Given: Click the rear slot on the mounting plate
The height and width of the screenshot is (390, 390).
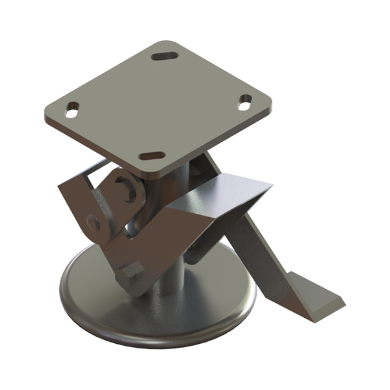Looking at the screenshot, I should point(165,55).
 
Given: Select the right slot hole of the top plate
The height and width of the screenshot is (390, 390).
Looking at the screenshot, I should point(245,99).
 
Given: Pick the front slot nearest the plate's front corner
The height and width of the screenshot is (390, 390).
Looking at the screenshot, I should point(152,156).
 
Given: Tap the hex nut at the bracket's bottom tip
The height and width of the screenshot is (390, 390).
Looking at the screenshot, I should point(129,274).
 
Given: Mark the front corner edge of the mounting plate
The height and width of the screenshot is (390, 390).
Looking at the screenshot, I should point(156,172).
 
